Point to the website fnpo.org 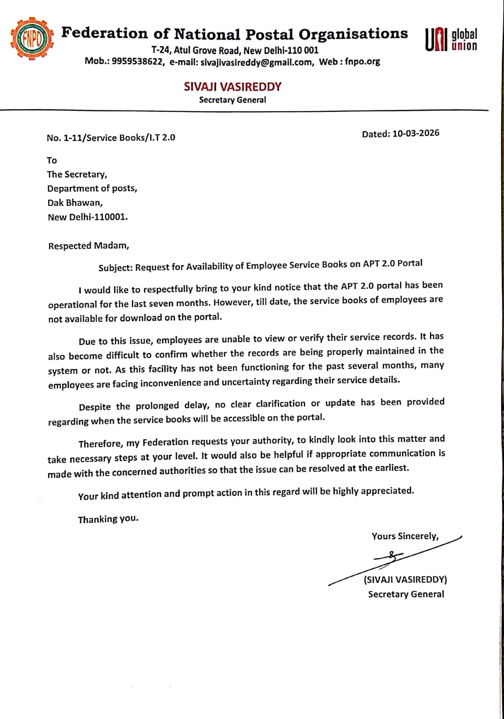pos(363,62)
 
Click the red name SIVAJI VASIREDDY pos(232,86)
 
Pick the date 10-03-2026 pos(416,133)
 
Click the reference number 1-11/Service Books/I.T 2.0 pos(119,138)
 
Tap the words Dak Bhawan pos(75,203)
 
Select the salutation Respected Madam pos(88,246)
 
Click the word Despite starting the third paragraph pos(95,407)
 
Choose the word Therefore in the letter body pos(100,444)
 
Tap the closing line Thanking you pos(108,519)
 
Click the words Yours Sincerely pos(405,536)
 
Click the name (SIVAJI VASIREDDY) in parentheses pos(405,580)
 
